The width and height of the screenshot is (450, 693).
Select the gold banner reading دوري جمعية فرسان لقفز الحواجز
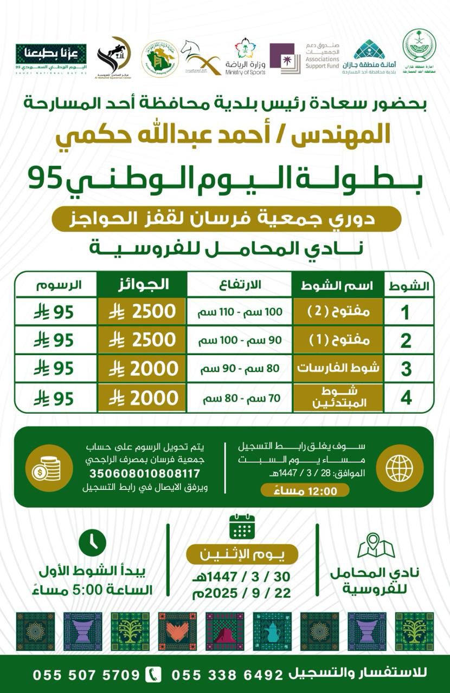[x=226, y=219]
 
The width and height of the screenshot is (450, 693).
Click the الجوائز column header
[x=142, y=284]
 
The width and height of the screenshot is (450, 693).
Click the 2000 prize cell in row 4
[x=142, y=398]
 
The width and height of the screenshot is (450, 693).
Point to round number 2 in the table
[x=406, y=341]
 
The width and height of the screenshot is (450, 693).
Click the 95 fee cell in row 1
[x=54, y=312]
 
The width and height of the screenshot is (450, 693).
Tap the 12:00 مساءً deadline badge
[x=305, y=491]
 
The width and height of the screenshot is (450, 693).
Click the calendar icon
[x=242, y=526]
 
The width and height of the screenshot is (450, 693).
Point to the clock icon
[x=93, y=543]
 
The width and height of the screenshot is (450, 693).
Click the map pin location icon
[x=376, y=545]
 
